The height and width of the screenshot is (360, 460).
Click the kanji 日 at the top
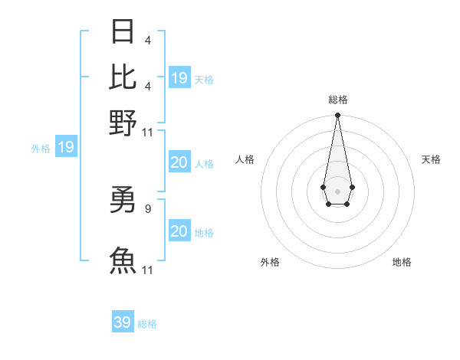pos(123,33)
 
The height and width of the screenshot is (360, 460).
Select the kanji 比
pos(123,77)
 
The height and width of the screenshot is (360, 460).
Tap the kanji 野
pos(123,122)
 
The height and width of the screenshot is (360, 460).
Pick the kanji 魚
pos(123,260)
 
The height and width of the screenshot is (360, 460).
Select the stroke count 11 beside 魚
pos(148,270)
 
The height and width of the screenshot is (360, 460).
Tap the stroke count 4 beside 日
pos(147,41)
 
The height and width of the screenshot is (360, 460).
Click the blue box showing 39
pos(123,322)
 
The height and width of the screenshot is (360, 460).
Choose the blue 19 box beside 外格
pos(66,147)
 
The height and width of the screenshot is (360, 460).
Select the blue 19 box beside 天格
pos(179,78)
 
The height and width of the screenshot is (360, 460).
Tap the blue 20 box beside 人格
pos(179,162)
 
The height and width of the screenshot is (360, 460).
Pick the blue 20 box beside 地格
pos(179,231)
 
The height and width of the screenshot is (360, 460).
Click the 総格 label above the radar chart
pos(337,100)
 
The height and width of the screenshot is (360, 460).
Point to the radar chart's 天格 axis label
pos(431,159)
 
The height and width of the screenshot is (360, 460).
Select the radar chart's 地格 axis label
pos(402,262)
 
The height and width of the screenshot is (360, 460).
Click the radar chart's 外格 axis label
pos(270,262)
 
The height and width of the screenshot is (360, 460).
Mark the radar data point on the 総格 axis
pos(337,116)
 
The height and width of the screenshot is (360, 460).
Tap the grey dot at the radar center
pos(337,190)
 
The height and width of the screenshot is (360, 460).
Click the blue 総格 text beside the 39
pos(147,324)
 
